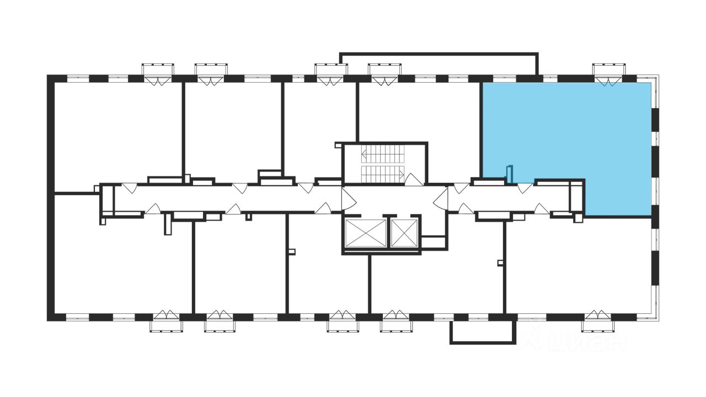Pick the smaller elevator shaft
(404, 233)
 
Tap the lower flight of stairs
(380, 173)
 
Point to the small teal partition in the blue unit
(510, 174)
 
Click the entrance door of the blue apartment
(525, 188)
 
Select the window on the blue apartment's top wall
(609, 76)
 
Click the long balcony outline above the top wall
(438, 54)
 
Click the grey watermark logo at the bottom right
(574, 337)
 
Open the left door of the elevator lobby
(347, 198)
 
